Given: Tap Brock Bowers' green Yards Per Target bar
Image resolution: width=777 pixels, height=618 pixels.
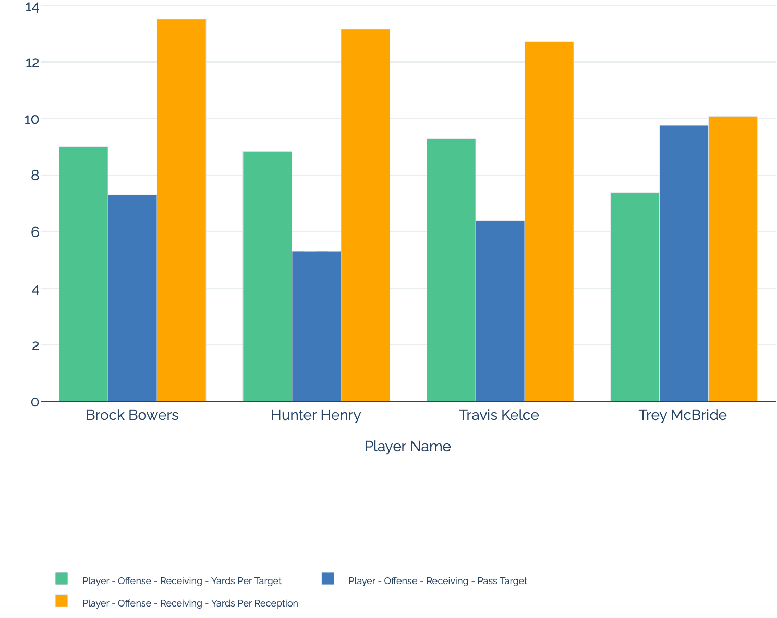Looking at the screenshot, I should click(x=83, y=274).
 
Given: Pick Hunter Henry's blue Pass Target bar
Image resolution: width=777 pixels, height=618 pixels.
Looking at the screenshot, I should click(x=316, y=326).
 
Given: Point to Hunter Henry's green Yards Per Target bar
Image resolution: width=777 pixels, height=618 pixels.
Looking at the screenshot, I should click(x=267, y=276).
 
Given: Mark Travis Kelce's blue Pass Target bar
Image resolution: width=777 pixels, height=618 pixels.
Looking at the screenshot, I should click(x=500, y=311).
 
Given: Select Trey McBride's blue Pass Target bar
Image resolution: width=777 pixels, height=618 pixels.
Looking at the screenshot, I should click(x=684, y=263).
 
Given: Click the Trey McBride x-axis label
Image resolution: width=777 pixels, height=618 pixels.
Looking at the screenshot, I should click(x=683, y=415).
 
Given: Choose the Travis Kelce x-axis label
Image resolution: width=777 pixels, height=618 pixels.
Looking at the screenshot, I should click(x=499, y=415).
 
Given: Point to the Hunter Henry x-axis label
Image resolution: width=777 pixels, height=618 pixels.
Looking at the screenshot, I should click(x=315, y=415).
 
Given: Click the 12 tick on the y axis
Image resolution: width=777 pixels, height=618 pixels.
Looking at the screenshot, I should click(x=32, y=63).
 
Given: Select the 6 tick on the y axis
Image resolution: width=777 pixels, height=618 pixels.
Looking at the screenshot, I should click(x=35, y=232).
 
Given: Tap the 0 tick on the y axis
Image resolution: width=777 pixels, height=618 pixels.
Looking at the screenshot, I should click(x=35, y=402).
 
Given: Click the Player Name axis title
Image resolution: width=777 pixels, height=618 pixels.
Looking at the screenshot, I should click(x=407, y=447).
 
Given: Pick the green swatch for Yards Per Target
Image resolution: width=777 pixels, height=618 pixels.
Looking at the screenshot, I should click(x=62, y=578).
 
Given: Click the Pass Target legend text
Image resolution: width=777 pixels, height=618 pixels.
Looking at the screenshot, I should click(x=438, y=581).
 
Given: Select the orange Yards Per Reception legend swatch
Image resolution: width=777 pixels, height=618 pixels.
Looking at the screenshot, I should click(x=62, y=601).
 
